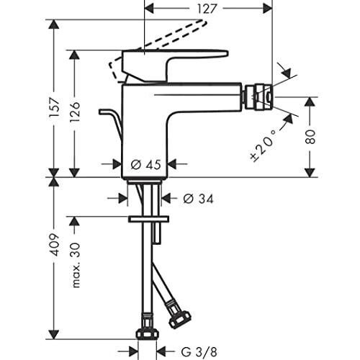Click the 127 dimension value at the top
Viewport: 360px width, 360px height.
[207, 9]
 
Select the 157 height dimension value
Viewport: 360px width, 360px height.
[54, 107]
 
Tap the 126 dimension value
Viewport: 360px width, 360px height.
[74, 112]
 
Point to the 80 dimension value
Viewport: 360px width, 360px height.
[310, 137]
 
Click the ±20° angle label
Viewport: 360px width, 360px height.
[264, 145]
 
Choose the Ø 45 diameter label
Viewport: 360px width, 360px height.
[145, 165]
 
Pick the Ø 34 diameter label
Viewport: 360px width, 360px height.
[198, 199]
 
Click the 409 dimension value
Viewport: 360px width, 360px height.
[54, 245]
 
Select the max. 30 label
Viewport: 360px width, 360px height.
[76, 265]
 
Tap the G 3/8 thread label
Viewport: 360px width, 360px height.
[199, 352]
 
